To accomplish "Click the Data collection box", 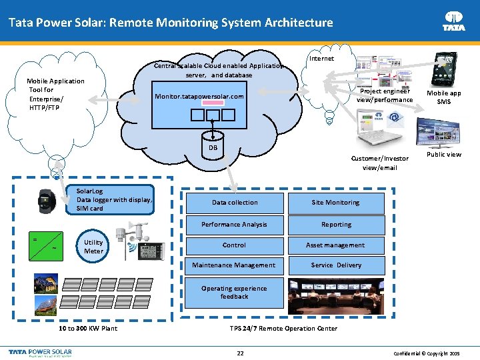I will [234, 203].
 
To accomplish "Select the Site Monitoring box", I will [335, 203].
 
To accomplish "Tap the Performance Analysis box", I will [234, 225].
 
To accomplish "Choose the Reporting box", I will [335, 225].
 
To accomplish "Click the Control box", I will [234, 245].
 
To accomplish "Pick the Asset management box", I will [335, 245].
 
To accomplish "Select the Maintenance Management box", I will [234, 265].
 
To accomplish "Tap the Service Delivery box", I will [335, 265].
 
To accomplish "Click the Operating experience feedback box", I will [234, 293].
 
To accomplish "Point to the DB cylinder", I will [213, 147].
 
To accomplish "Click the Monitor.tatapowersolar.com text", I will [199, 97].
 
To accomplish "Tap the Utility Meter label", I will [93, 247].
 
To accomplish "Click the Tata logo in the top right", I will [454, 21].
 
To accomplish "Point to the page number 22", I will [240, 352].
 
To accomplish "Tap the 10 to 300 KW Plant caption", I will [88, 328].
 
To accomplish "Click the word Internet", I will [323, 59].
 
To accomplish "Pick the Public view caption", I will [443, 155].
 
